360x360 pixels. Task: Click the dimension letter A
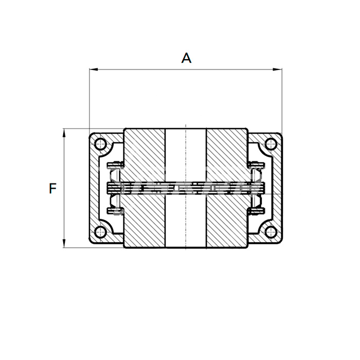tap(186, 58)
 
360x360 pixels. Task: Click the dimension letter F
tap(52, 188)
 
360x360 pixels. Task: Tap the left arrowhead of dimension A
tap(94, 69)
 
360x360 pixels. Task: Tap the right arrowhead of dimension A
tap(277, 69)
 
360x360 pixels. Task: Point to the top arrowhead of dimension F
tap(64, 133)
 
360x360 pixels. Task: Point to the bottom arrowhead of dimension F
tap(64, 243)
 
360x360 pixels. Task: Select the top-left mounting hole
tap(100, 145)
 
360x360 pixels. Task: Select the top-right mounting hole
tap(271, 144)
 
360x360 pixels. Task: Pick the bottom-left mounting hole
tap(100, 231)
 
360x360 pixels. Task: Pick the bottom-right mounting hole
tap(271, 231)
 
